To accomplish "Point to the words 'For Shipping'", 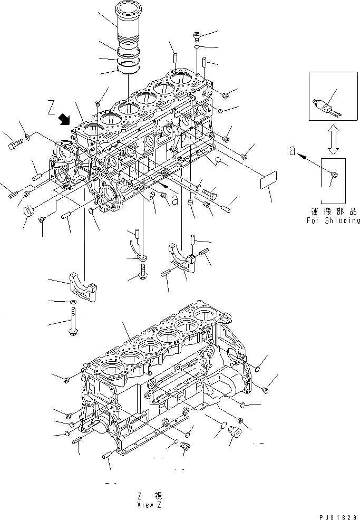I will point(333,220).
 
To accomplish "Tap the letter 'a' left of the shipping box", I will point(292,151).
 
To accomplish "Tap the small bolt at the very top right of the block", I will point(197,36).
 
